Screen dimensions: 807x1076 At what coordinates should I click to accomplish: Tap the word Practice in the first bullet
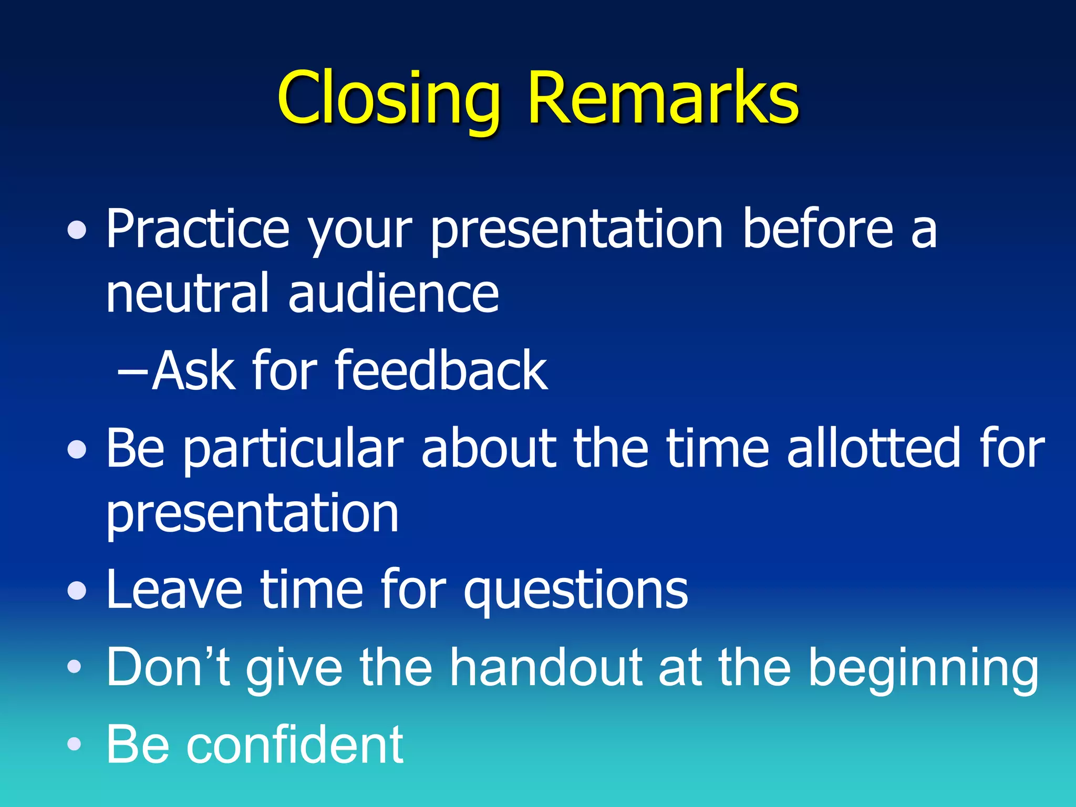coord(198,229)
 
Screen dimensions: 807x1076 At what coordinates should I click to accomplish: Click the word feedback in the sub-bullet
coord(441,371)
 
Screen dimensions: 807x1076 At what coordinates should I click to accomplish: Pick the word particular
coord(293,449)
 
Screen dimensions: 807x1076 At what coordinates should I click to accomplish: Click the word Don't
coord(168,667)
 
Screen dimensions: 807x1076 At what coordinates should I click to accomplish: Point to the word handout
coord(546,667)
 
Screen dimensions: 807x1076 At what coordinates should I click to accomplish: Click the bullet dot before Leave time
coord(77,591)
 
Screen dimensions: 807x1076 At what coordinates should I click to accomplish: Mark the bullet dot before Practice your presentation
coord(77,230)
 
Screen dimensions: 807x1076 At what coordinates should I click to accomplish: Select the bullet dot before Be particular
coord(77,449)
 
